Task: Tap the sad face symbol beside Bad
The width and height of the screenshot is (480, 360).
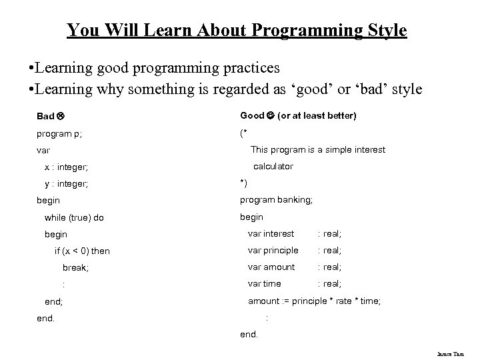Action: (61, 116)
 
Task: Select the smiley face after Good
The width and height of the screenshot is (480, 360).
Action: (271, 116)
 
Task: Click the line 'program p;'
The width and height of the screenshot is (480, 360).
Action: (59, 133)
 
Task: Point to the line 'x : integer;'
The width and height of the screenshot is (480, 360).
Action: (67, 166)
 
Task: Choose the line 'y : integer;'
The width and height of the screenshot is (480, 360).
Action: (67, 183)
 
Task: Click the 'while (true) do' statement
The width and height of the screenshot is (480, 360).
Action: (74, 217)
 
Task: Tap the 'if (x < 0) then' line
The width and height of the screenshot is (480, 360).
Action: (82, 251)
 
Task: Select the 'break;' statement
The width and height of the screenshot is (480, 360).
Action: (75, 267)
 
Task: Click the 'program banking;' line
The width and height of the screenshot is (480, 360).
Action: (276, 199)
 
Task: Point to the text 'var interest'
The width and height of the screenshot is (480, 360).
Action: (271, 233)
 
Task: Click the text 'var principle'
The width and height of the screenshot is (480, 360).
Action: (273, 250)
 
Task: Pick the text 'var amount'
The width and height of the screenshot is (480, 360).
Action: (271, 267)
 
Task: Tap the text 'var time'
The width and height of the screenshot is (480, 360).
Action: (265, 283)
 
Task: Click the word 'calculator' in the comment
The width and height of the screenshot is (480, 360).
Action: (273, 166)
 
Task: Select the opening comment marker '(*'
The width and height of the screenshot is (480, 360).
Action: (244, 133)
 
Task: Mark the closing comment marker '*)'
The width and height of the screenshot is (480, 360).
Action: (244, 183)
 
